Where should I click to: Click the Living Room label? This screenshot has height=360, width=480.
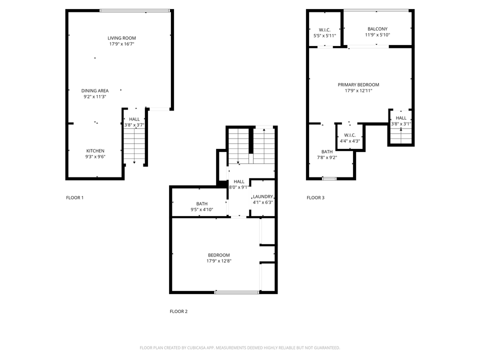(121, 38)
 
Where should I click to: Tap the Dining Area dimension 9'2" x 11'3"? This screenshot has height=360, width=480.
(95, 96)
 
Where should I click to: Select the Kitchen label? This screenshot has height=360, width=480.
(95, 150)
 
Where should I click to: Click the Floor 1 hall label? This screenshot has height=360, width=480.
(134, 119)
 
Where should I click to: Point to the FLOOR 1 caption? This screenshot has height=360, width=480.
(74, 197)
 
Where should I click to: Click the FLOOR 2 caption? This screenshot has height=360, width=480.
(178, 311)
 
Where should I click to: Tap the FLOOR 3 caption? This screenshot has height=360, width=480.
(315, 197)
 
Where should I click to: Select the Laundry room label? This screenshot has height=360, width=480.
(262, 196)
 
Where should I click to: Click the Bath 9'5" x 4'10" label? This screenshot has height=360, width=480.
(201, 204)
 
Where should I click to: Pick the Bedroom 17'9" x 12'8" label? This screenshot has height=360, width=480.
(219, 255)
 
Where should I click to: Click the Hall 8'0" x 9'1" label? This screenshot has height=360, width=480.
(239, 181)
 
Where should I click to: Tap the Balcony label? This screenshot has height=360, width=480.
(377, 29)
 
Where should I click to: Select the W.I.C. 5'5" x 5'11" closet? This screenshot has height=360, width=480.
(324, 30)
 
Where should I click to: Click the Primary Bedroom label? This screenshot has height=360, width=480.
(358, 84)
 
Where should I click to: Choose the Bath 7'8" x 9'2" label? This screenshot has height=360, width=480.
(327, 151)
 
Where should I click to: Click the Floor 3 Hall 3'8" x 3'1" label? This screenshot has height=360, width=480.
(401, 118)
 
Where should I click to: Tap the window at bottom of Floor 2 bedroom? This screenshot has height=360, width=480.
(237, 292)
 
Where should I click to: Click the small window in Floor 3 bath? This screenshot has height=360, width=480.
(329, 178)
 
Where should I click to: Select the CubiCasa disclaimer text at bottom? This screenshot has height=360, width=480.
(239, 347)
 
